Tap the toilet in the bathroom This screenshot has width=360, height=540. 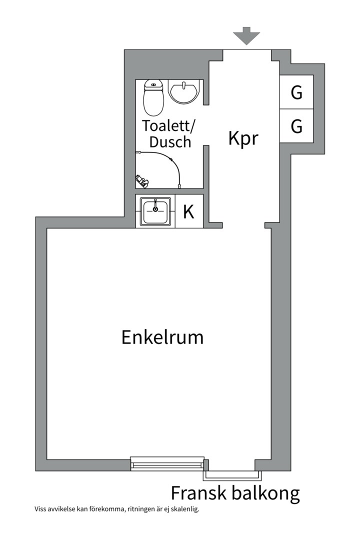pos(153,98)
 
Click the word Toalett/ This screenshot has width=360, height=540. pos(168,126)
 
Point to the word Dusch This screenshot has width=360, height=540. pos(170,142)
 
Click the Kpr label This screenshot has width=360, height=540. pos(243,139)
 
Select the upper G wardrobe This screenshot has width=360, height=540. pos(296,92)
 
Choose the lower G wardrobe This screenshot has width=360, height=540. pos(296,126)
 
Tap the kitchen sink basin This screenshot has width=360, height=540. pos(155,212)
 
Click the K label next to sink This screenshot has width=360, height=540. pos(188,212)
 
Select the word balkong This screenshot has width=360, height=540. pos(265,494)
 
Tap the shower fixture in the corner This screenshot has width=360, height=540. pos(141,181)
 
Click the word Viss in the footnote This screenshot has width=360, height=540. pos(39,509)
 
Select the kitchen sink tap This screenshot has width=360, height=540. pos(155,205)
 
